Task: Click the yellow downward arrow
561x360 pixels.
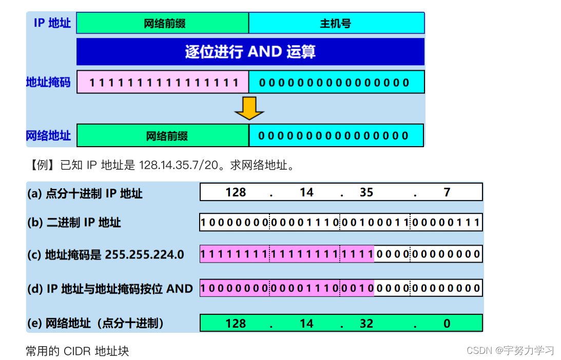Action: pyautogui.click(x=249, y=108)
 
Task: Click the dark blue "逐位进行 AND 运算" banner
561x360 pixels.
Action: pyautogui.click(x=250, y=52)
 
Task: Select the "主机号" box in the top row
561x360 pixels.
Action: pyautogui.click(x=336, y=23)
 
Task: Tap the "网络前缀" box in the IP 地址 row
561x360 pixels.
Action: pyautogui.click(x=163, y=23)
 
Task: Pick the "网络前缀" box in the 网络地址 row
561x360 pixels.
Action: pyautogui.click(x=163, y=135)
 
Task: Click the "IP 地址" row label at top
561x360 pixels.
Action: pyautogui.click(x=52, y=23)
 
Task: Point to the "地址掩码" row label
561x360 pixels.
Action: pyautogui.click(x=48, y=82)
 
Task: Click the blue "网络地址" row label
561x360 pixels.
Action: pyautogui.click(x=48, y=135)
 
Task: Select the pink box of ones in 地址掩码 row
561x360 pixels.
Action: pyautogui.click(x=163, y=82)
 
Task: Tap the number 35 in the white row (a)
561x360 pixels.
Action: pyautogui.click(x=366, y=192)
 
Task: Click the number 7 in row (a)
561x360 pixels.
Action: pyautogui.click(x=447, y=192)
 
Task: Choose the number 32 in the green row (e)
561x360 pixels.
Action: pyautogui.click(x=366, y=324)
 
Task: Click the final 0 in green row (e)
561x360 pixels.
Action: pyautogui.click(x=447, y=324)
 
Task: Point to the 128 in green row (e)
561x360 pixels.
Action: pyautogui.click(x=236, y=324)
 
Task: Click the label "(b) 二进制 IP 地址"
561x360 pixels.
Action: pyautogui.click(x=74, y=223)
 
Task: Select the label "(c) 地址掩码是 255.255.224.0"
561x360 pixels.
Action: pyautogui.click(x=105, y=254)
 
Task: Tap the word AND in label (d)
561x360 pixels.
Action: pyautogui.click(x=179, y=289)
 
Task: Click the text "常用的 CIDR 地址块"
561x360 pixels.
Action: pyautogui.click(x=77, y=351)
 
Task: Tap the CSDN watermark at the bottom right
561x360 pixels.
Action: pyautogui.click(x=510, y=351)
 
